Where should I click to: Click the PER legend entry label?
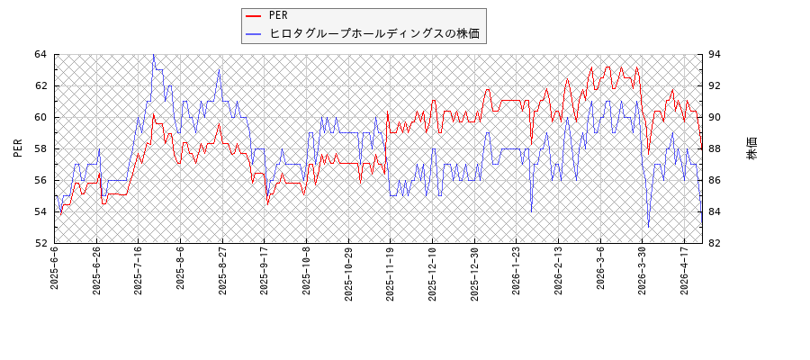click(x=279, y=15)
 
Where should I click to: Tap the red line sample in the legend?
click(x=254, y=15)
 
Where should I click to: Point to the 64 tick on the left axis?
click(x=40, y=54)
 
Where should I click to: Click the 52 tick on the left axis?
click(x=40, y=243)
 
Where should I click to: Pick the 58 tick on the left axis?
click(x=40, y=148)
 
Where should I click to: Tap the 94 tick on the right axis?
click(x=717, y=54)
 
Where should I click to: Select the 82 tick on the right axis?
click(x=717, y=243)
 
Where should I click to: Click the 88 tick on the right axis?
click(x=717, y=148)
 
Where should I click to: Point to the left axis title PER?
click(x=18, y=148)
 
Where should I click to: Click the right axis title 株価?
click(x=751, y=148)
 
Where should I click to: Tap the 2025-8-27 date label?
click(x=222, y=268)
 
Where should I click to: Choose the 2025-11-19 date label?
click(x=390, y=270)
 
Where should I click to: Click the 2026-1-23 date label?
click(x=517, y=268)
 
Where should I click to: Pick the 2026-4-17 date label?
click(x=684, y=268)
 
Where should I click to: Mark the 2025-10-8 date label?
click(x=306, y=268)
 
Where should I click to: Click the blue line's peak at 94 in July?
click(x=153, y=55)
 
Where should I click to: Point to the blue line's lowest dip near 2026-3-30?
click(x=649, y=227)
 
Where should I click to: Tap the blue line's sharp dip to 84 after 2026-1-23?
click(x=531, y=211)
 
